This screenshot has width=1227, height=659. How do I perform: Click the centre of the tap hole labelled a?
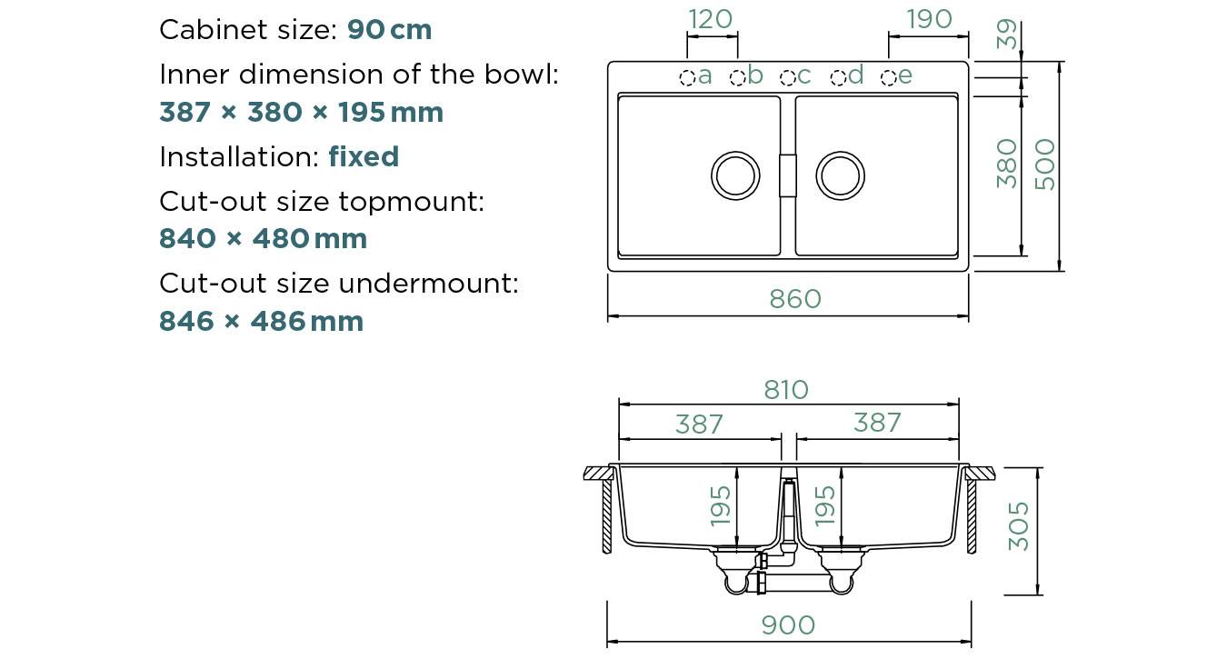point(687,78)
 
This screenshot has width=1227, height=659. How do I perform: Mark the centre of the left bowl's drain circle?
point(735,175)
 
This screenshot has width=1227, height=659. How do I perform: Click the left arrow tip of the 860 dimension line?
point(608,316)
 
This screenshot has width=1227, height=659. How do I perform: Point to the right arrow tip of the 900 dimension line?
point(972,642)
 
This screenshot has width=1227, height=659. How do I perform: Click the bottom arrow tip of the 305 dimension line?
point(1037,594)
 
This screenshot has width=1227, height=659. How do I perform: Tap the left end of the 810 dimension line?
point(619,404)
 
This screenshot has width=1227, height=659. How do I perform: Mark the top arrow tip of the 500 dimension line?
point(1060,61)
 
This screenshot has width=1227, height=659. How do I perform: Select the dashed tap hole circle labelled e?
point(888,78)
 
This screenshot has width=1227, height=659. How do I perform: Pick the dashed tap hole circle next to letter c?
point(788,78)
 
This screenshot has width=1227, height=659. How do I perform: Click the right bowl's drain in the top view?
point(841,175)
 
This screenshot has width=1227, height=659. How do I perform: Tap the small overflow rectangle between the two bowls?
point(788,175)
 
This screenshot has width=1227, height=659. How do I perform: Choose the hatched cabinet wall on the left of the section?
point(607,516)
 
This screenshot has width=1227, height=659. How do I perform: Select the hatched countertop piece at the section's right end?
point(981,474)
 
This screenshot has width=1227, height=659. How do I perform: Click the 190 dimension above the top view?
point(929,19)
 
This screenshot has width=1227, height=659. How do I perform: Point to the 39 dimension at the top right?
point(1007,34)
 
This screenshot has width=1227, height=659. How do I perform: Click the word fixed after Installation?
point(364,156)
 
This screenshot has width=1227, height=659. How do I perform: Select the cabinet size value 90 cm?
point(390,30)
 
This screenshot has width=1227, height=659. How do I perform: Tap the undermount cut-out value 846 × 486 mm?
point(261,321)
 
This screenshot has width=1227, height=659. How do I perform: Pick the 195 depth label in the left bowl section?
point(720,506)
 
